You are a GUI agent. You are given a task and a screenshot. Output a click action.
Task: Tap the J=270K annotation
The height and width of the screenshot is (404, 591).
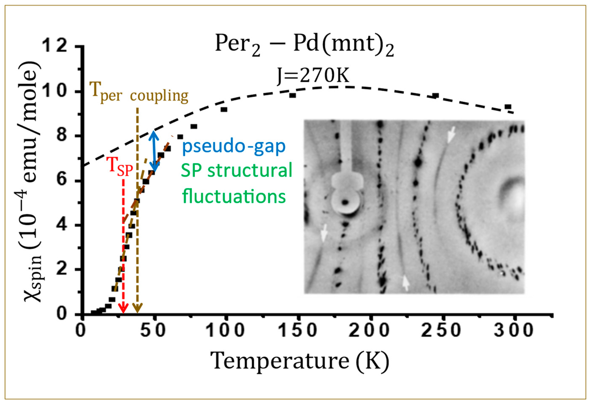click(313, 76)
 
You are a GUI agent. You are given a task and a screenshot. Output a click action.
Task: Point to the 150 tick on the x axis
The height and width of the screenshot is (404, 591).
click(298, 330)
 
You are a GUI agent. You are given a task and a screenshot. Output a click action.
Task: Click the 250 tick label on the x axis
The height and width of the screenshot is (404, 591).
click(441, 330)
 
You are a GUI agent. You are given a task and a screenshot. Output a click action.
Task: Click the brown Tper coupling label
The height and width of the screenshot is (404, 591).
click(139, 94)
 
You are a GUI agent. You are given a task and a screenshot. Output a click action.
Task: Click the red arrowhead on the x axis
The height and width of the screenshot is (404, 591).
click(123, 309)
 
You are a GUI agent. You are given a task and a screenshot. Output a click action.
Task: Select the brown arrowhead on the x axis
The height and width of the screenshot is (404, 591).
click(137, 309)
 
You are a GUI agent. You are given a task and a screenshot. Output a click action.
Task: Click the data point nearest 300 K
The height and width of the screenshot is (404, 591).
click(508, 107)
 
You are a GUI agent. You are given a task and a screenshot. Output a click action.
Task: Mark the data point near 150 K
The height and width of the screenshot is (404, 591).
click(292, 95)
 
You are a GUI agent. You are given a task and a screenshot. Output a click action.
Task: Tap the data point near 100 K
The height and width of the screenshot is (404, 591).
click(224, 110)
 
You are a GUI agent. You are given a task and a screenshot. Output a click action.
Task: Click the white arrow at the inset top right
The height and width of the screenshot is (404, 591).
click(451, 135)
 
